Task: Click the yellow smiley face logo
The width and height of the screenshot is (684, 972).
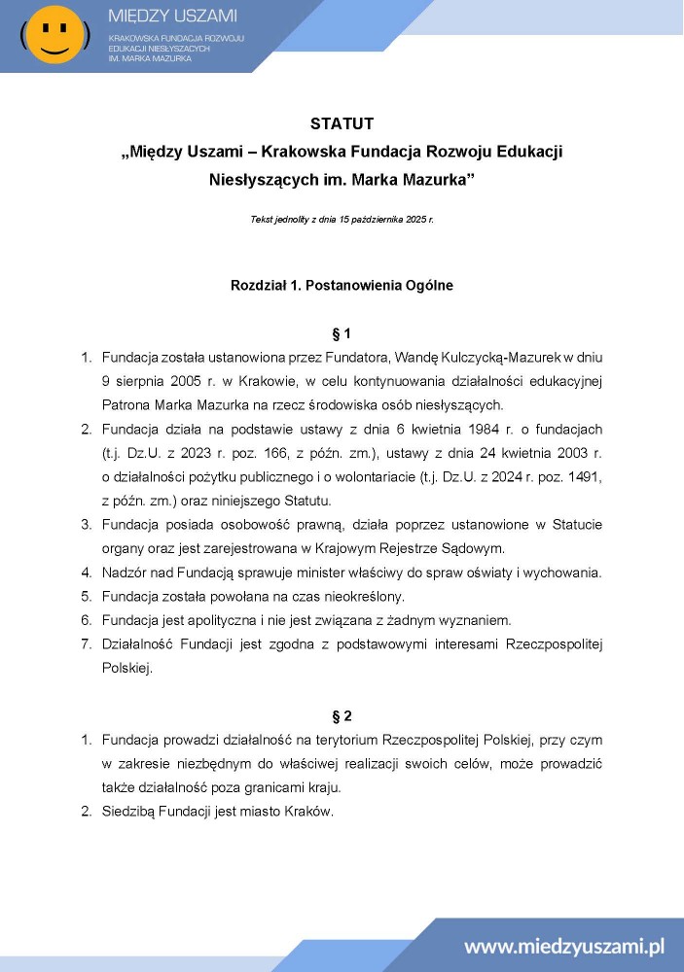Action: (54, 34)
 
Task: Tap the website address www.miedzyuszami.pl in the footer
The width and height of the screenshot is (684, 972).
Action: (563, 946)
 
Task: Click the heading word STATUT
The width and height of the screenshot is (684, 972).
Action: (342, 123)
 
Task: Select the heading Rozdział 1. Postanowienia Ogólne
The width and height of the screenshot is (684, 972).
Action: (342, 286)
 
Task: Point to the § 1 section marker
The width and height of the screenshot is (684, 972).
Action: (342, 333)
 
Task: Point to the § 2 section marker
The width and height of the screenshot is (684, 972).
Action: (342, 716)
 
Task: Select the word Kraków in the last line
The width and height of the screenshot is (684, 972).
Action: (311, 812)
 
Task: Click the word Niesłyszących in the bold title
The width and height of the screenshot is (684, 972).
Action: (253, 180)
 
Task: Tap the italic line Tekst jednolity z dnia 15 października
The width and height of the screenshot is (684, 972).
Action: (342, 220)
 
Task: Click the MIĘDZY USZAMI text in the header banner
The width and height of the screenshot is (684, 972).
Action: (173, 17)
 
